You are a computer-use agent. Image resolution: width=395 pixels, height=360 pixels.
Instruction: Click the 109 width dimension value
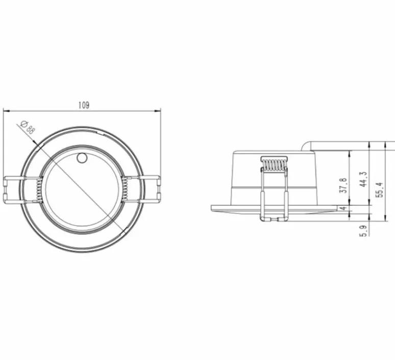click(x=84, y=105)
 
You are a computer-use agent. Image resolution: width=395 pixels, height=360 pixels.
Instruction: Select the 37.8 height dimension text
click(x=343, y=184)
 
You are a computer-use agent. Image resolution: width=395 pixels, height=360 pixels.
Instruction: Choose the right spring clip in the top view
click(x=150, y=188)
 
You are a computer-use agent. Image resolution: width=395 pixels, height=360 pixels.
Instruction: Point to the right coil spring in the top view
click(x=125, y=189)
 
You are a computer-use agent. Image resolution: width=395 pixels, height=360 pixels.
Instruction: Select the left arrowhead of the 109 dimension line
click(x=5, y=110)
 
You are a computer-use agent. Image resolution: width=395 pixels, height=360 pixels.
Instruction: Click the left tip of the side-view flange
click(x=212, y=208)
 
